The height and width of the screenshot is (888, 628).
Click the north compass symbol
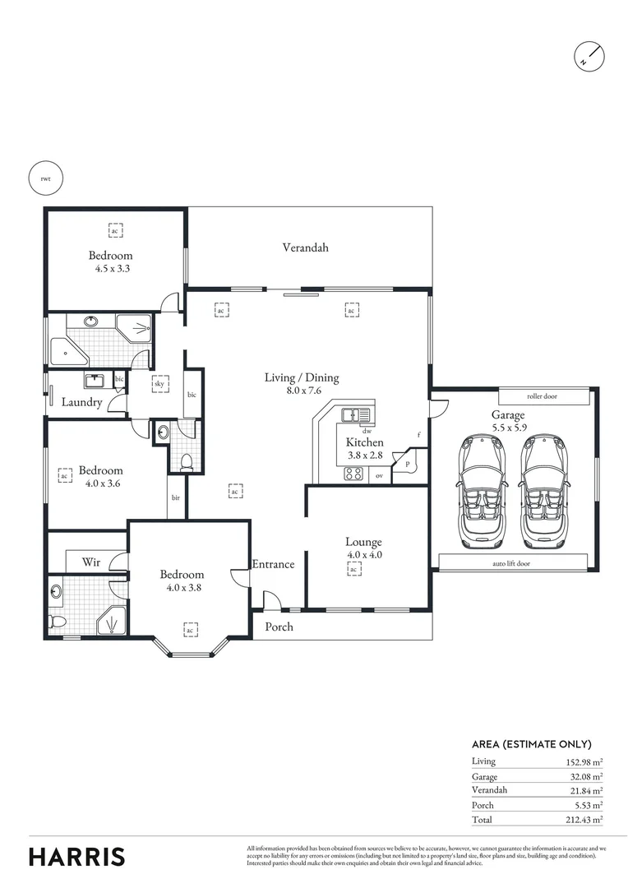tap(590, 54)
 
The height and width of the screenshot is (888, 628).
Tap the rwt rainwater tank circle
tap(45, 178)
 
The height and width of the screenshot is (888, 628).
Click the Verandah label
tap(306, 247)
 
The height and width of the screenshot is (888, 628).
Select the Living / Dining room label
tap(301, 378)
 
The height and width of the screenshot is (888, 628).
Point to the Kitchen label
tap(364, 442)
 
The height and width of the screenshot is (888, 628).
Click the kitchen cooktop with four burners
tap(353, 473)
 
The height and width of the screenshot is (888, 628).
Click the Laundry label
tap(82, 403)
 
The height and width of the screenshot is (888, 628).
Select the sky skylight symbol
tap(159, 383)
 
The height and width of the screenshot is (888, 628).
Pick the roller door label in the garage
tap(543, 396)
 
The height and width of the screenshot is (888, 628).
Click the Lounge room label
tap(363, 542)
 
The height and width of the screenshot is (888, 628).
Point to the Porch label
tap(278, 627)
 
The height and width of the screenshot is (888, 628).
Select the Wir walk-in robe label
tap(91, 562)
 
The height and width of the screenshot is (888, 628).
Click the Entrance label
tap(273, 564)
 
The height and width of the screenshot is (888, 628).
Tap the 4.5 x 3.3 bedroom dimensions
tap(111, 268)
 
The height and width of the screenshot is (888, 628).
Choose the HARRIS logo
tap(77, 856)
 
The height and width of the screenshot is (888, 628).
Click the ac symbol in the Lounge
tap(353, 569)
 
